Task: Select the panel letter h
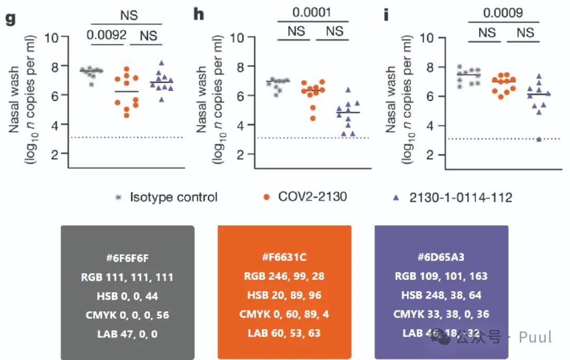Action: [198, 14]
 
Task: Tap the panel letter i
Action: [386, 14]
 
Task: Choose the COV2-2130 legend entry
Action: [312, 197]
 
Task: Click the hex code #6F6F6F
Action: [127, 258]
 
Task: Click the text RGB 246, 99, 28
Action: [284, 276]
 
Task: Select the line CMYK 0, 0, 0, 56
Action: [127, 315]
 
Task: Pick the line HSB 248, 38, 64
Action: [441, 295]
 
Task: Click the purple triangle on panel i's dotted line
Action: [539, 139]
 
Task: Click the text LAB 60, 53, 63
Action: [284, 333]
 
